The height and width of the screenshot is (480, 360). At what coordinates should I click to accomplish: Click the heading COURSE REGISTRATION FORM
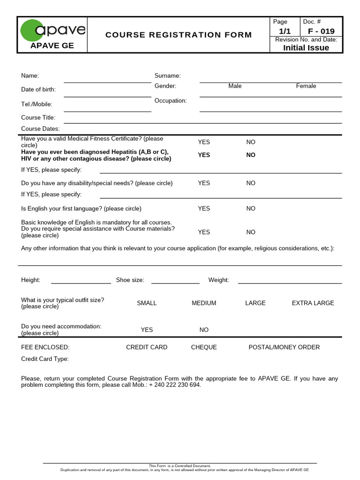pos(179,35)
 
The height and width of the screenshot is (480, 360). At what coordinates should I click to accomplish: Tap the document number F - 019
pos(321,31)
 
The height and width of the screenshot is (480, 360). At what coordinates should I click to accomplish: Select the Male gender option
pos(235,86)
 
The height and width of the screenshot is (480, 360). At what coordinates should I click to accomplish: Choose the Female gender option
pos(306,86)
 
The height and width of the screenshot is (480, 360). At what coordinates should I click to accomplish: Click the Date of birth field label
pos(38,90)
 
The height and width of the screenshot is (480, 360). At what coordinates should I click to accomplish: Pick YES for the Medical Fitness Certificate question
pos(204,142)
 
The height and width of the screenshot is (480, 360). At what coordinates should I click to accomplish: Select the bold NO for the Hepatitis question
pos(251,155)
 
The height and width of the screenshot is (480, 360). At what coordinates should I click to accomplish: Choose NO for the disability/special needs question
pos(251,183)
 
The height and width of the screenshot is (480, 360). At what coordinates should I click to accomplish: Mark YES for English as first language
pos(204,209)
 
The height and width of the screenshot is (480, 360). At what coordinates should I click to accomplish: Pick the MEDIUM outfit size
pos(204,303)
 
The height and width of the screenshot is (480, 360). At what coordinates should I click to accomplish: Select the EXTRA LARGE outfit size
pos(313,303)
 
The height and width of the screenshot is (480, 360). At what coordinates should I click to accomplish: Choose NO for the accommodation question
pos(204,330)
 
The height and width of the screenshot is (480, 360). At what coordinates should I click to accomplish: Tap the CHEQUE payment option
pos(204,347)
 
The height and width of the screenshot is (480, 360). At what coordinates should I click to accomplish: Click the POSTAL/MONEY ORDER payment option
pos(284,347)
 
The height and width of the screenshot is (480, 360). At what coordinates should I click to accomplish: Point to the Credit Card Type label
pos(45,359)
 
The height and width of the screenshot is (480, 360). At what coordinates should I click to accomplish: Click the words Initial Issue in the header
pos(306,48)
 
